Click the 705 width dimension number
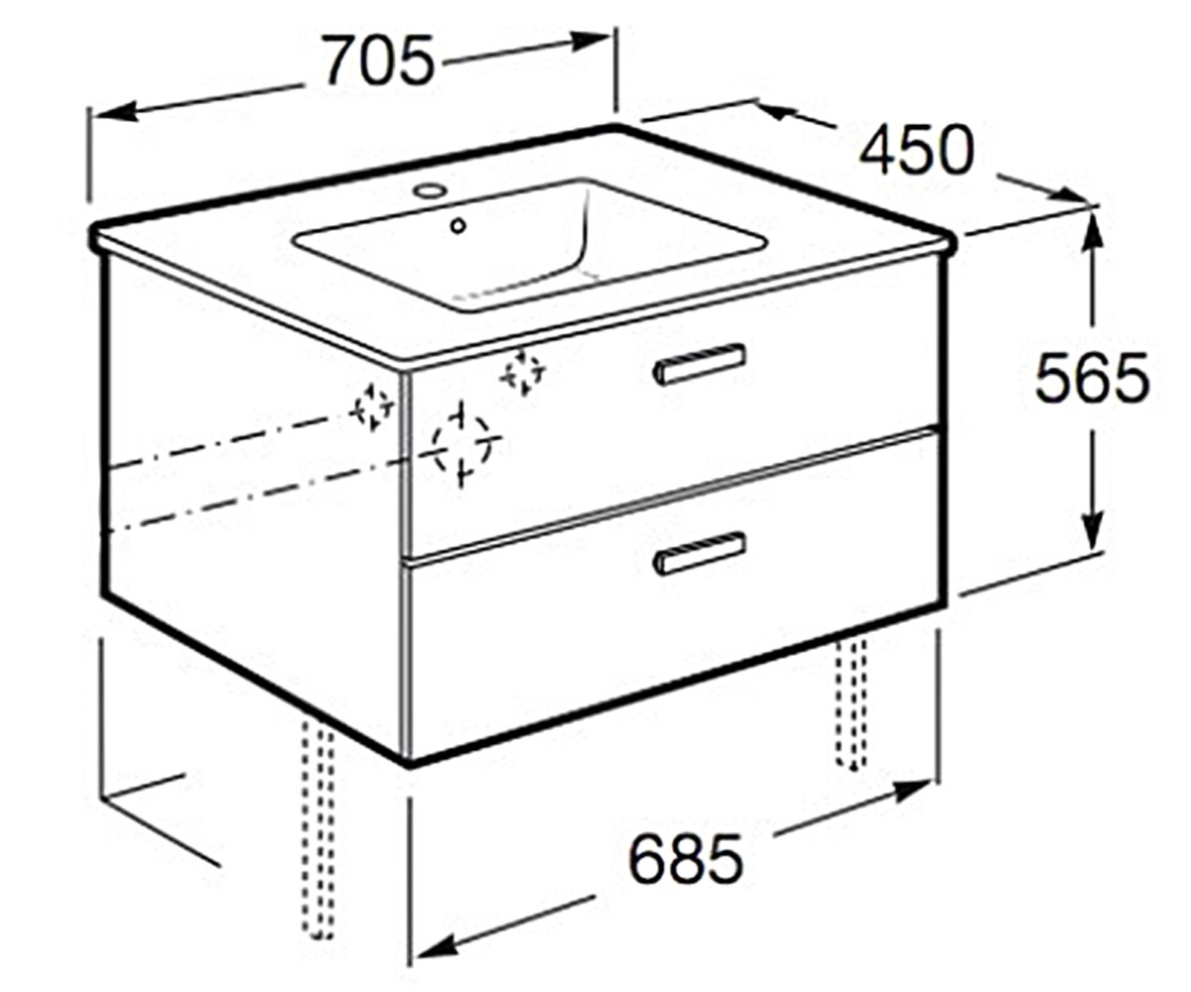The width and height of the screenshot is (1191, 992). pyautogui.click(x=377, y=61)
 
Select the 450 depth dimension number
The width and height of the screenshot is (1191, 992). pyautogui.click(x=917, y=150)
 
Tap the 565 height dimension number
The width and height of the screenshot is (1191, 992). pyautogui.click(x=1092, y=378)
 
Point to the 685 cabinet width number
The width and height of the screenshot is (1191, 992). pyautogui.click(x=686, y=859)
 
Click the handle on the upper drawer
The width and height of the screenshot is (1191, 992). pyautogui.click(x=700, y=365)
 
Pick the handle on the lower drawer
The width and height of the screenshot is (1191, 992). pyautogui.click(x=700, y=553)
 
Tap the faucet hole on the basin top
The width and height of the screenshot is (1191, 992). pyautogui.click(x=430, y=189)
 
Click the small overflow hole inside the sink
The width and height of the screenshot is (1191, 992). pyautogui.click(x=458, y=226)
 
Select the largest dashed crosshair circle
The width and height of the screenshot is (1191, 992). pyautogui.click(x=463, y=443)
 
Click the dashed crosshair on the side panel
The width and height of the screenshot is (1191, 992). pyautogui.click(x=373, y=407)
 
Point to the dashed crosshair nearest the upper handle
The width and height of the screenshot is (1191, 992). pyautogui.click(x=523, y=373)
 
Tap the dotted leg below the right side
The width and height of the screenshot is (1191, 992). pyautogui.click(x=852, y=703)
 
